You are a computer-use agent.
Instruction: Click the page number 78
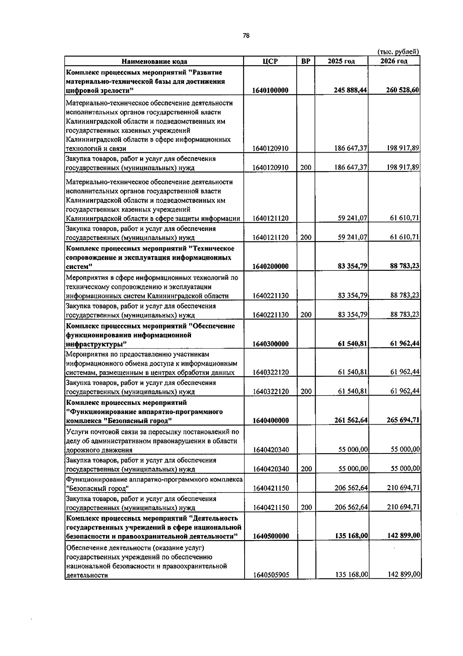[246, 36]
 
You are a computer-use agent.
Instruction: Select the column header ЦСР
[270, 61]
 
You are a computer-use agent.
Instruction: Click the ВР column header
[306, 61]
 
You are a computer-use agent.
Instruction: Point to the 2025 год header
[341, 61]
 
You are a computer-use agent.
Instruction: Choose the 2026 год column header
[394, 61]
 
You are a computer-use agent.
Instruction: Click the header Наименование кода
[154, 61]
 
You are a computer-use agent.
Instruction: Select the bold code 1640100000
[270, 90]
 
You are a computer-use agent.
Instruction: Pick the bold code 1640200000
[270, 267]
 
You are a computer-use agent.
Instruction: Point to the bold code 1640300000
[270, 344]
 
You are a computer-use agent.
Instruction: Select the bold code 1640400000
[270, 420]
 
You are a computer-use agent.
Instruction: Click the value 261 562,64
[350, 420]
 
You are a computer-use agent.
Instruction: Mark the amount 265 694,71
[403, 420]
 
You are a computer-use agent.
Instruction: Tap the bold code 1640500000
[270, 536]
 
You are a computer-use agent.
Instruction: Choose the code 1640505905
[270, 575]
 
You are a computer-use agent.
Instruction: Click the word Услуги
[77, 432]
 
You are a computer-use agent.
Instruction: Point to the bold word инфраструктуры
[96, 344]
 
